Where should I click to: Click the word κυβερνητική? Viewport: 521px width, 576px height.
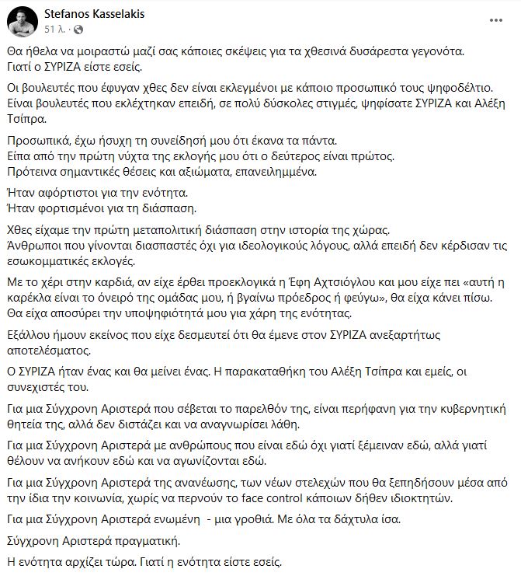tap(470, 406)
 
